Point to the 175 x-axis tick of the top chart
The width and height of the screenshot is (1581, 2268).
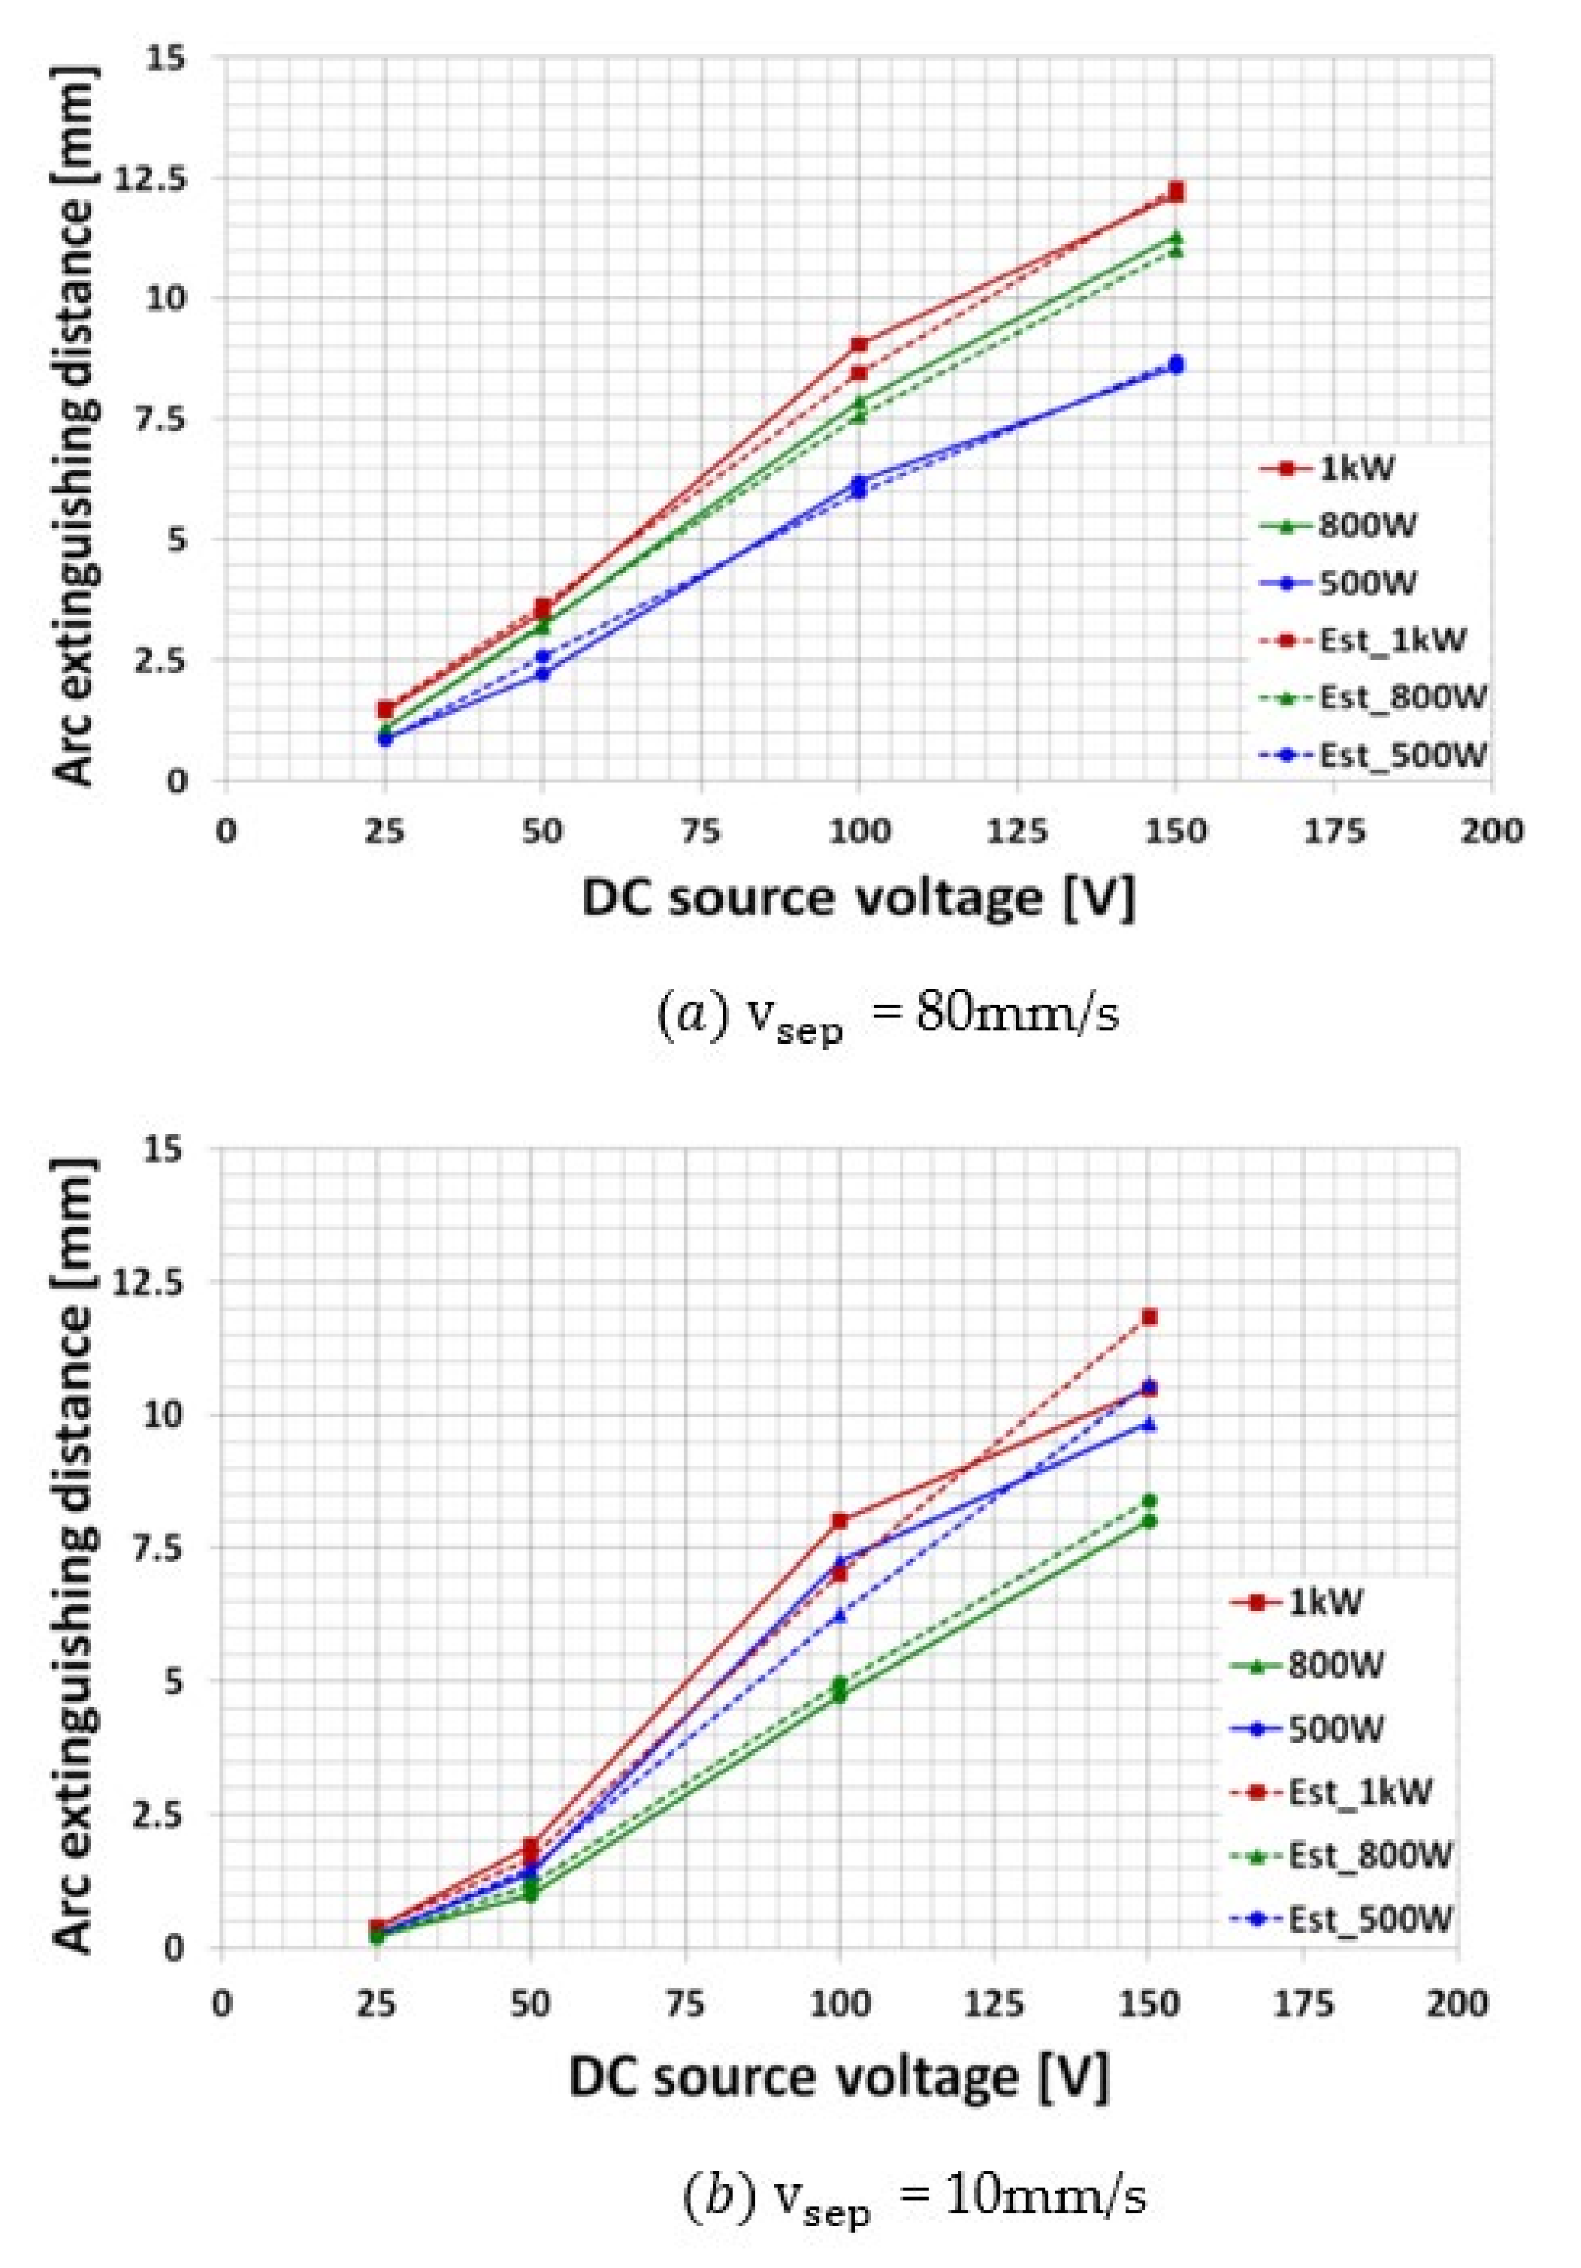(1334, 832)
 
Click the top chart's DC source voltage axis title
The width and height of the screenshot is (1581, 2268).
(857, 899)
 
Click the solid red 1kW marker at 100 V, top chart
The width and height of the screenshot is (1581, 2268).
(859, 345)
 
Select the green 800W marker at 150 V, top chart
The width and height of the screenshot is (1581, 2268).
(1176, 237)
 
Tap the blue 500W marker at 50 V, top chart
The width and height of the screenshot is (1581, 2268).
(542, 674)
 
